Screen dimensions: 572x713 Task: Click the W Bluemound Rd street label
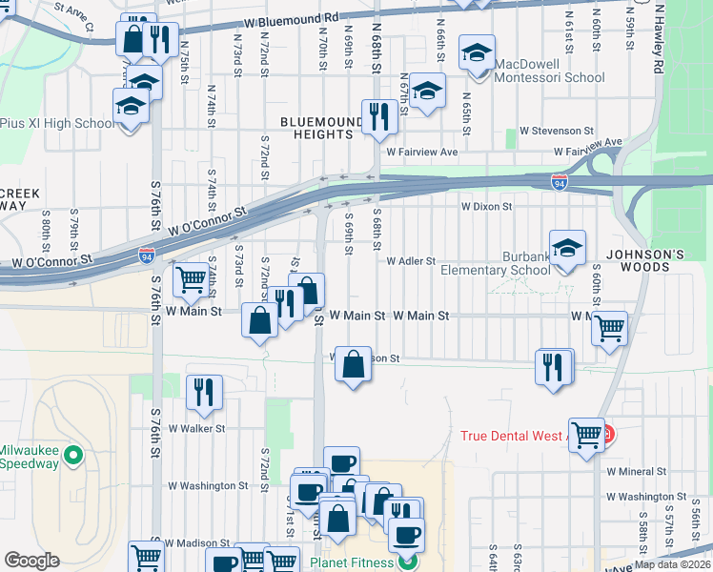(291, 18)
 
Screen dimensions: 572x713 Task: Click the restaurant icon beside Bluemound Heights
(380, 117)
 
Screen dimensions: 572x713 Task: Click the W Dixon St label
(487, 205)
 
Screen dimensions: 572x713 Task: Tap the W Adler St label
(410, 260)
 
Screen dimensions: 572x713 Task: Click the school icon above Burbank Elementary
(567, 248)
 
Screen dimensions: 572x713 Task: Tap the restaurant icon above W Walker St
(204, 392)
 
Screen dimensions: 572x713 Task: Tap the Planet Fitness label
(350, 562)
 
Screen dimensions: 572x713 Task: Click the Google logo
(32, 561)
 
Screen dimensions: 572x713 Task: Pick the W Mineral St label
(636, 471)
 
